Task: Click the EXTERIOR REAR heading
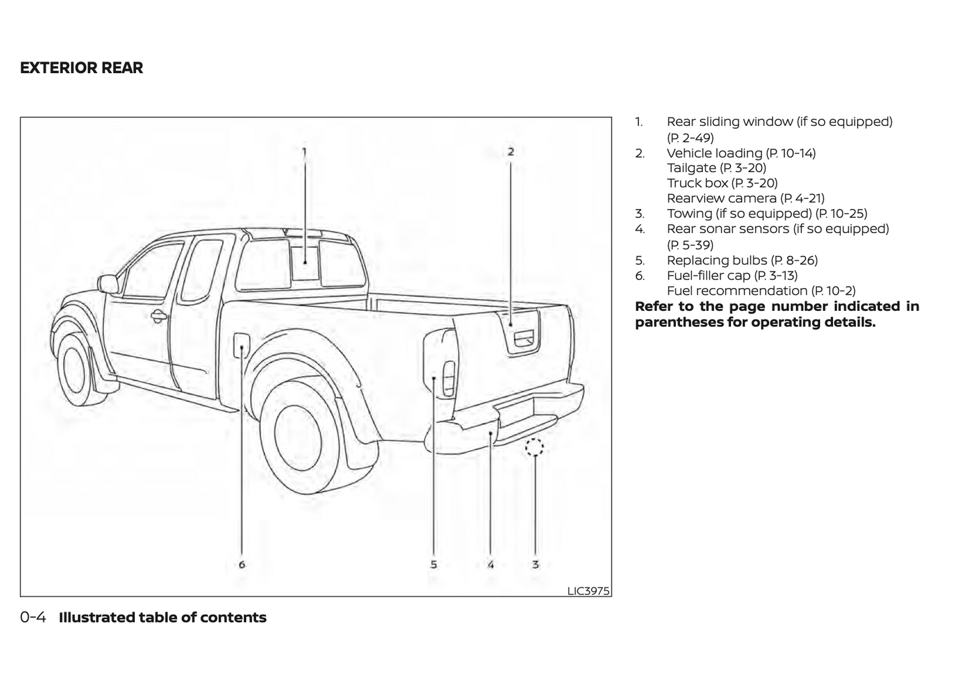point(81,68)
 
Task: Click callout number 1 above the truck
point(304,152)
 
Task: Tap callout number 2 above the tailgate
point(510,152)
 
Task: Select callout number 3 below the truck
point(535,565)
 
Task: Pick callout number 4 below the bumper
point(491,565)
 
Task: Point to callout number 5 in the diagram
point(434,565)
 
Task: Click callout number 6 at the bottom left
point(242,565)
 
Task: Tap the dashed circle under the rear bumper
point(534,447)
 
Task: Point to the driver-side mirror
point(107,283)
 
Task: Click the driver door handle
point(158,316)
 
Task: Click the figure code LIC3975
point(588,591)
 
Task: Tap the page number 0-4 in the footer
point(33,618)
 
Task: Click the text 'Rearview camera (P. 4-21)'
point(745,198)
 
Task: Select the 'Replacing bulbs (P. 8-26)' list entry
point(742,260)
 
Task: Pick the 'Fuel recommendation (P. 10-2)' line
point(760,291)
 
